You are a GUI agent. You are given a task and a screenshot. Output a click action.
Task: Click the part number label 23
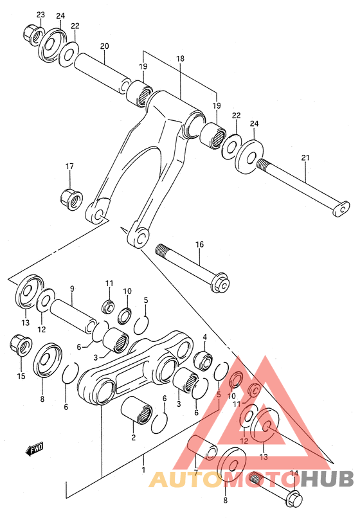click(40, 14)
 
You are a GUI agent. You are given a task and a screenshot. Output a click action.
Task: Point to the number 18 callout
click(180, 58)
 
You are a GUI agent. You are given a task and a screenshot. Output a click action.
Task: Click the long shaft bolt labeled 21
click(302, 186)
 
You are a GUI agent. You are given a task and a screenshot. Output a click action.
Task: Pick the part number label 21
click(305, 157)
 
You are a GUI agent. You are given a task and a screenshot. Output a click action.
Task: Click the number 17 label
click(69, 167)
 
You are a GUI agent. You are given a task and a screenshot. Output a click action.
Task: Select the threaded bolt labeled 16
click(193, 266)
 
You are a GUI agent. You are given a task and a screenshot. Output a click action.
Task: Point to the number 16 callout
click(199, 244)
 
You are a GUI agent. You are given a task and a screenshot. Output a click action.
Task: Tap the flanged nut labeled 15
click(21, 345)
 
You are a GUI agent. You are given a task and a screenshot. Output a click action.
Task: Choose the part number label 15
click(22, 376)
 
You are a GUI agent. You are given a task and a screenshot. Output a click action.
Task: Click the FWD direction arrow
click(35, 449)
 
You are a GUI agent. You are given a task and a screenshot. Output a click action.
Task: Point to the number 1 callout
click(145, 461)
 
